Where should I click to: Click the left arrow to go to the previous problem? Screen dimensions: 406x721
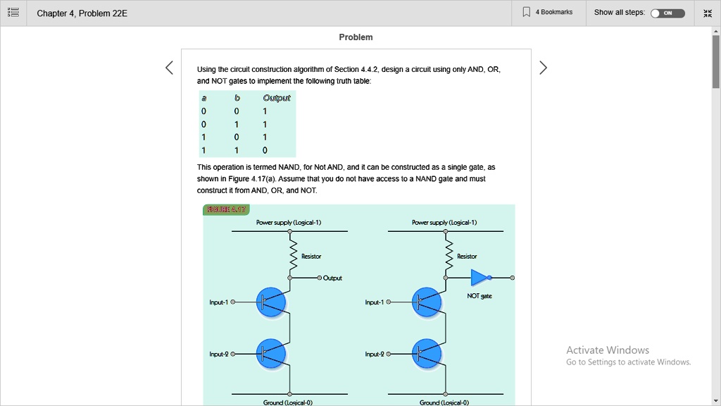[169, 68]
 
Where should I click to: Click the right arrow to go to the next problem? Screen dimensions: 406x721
[543, 68]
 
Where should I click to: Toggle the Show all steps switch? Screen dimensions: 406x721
[667, 13]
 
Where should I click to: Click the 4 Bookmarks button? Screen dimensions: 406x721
[548, 13]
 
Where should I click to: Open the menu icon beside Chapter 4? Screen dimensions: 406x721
[13, 13]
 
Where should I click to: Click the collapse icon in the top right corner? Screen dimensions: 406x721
[707, 13]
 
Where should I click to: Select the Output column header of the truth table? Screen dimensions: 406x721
[277, 98]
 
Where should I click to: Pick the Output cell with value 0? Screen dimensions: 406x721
[265, 150]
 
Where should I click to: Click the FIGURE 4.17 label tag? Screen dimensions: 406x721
[226, 209]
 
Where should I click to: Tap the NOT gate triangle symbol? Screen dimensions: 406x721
[479, 278]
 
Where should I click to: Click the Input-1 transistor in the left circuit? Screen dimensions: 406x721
[271, 302]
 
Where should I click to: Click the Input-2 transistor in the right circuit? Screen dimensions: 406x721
[427, 354]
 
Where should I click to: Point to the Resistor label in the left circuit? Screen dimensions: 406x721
[311, 257]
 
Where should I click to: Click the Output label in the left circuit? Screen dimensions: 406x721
[332, 278]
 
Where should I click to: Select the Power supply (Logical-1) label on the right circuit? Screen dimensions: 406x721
[444, 223]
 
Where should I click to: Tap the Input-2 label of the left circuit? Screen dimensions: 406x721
[219, 354]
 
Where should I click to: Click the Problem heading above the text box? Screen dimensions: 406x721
[356, 37]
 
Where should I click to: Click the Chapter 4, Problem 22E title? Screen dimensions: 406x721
[82, 13]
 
